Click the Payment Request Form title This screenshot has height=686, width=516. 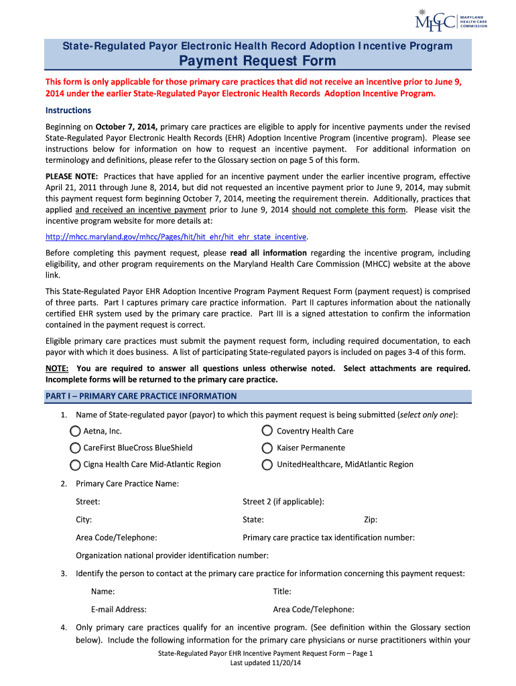click(258, 62)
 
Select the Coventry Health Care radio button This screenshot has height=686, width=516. click(267, 431)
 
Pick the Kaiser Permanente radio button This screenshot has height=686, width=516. click(267, 448)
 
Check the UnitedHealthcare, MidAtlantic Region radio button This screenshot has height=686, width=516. click(267, 464)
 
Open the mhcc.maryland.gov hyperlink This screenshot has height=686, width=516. click(176, 236)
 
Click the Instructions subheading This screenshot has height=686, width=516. click(68, 111)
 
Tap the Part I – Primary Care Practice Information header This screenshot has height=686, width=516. click(141, 396)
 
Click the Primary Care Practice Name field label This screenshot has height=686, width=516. click(127, 484)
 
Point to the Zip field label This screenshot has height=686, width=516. click(371, 519)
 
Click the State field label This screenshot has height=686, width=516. click(253, 519)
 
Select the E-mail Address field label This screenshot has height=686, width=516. click(119, 610)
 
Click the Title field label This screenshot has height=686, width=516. click(282, 592)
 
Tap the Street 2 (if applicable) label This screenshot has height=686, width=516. click(283, 502)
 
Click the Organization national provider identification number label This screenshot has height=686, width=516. click(172, 555)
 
